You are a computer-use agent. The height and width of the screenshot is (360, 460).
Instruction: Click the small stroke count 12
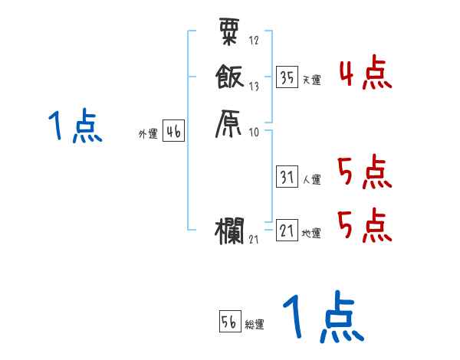[255, 41]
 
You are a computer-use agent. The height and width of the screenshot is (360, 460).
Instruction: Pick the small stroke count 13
[255, 87]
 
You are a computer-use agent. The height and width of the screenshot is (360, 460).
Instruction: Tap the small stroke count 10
[255, 133]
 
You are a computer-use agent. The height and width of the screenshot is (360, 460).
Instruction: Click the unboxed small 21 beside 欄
[254, 241]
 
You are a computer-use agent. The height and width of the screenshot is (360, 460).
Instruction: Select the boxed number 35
[287, 77]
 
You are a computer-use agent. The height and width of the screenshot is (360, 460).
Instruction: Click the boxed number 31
[287, 178]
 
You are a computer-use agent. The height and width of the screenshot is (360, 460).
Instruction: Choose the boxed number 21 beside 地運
[287, 231]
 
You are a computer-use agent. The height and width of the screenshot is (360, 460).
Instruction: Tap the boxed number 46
[173, 132]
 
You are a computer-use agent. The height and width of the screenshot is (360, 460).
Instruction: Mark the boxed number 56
[229, 322]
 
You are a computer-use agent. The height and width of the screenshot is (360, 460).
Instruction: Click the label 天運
[311, 80]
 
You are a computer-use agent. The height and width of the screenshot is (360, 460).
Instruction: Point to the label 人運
[311, 181]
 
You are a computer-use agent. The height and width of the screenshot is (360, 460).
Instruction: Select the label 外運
[147, 135]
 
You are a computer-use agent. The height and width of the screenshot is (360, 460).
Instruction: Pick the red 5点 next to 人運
[365, 173]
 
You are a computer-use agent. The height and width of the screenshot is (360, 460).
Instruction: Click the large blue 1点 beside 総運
[322, 318]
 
